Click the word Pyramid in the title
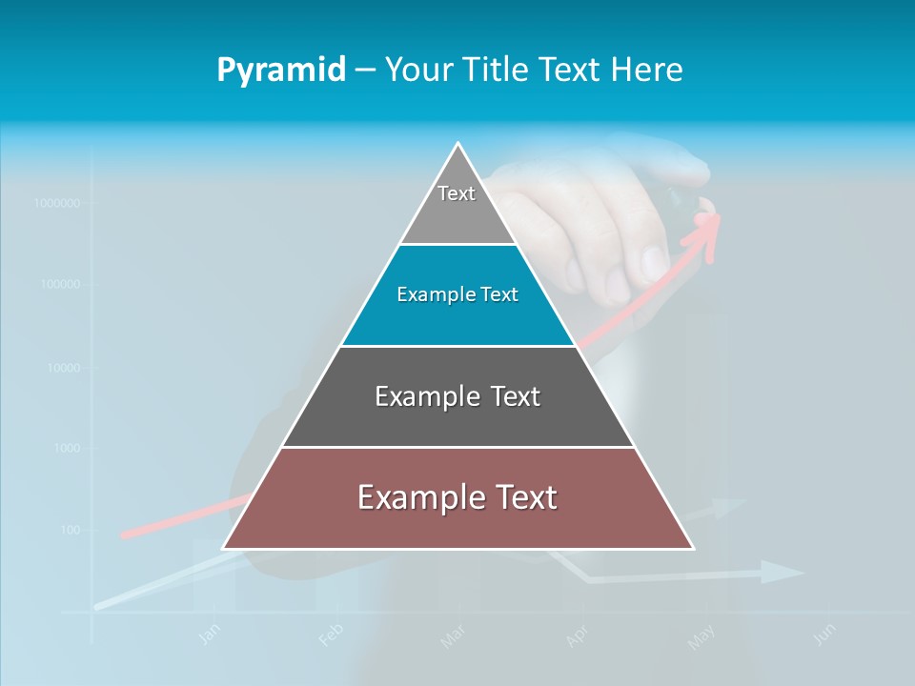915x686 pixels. [x=281, y=71]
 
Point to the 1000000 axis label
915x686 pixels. [x=56, y=203]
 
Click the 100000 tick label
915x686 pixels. [x=60, y=284]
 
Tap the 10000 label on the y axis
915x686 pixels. [x=64, y=367]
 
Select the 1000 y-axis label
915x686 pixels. [x=67, y=448]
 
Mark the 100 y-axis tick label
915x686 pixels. [x=71, y=530]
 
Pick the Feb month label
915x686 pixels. [x=330, y=634]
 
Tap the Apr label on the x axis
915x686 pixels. [x=577, y=636]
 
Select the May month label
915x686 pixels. [x=701, y=636]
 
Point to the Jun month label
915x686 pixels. [x=825, y=634]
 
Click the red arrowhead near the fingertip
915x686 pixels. [x=707, y=230]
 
